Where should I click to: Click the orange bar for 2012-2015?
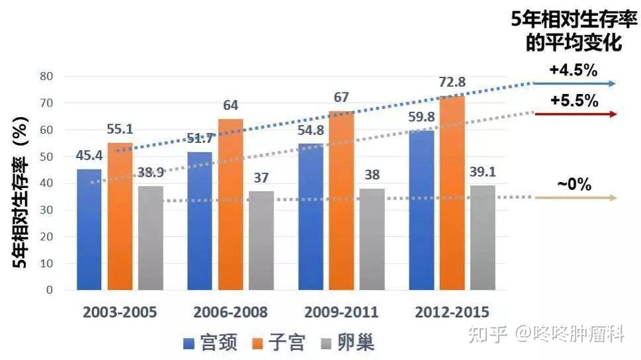tap(452, 193)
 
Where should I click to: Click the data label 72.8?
tap(452, 83)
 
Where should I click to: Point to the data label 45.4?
tap(90, 156)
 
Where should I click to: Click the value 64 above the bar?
tap(231, 106)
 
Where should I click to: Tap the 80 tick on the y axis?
tap(46, 76)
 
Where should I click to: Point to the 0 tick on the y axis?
tap(49, 290)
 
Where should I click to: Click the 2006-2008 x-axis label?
tap(231, 312)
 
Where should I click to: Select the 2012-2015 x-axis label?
tap(452, 312)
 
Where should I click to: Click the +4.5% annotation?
tap(574, 70)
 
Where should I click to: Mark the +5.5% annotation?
tap(574, 101)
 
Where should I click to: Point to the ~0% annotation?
tap(574, 185)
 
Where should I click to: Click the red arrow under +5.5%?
tap(576, 114)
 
